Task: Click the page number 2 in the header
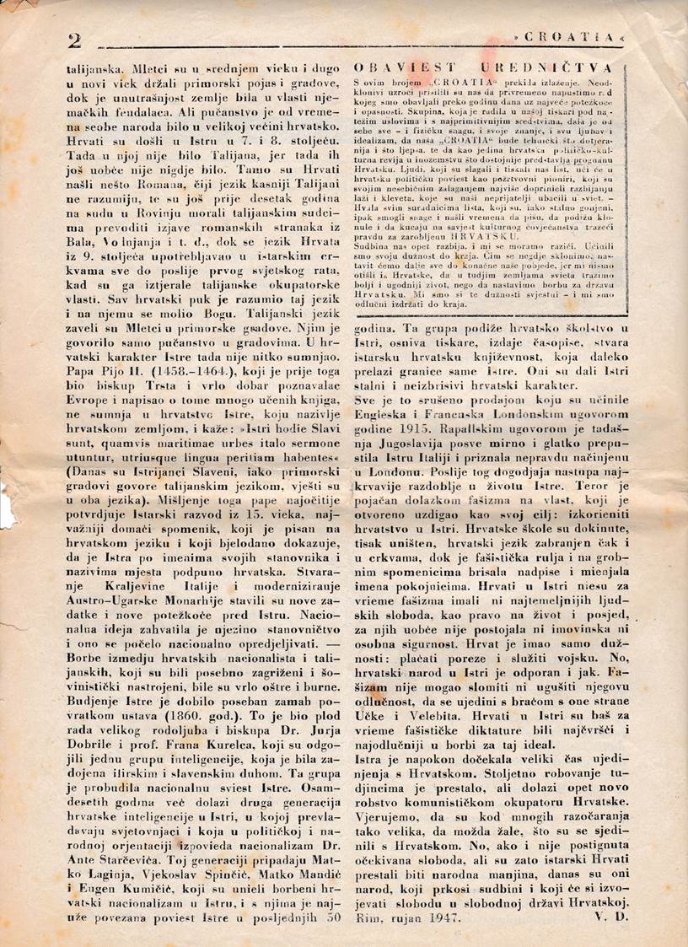click(x=73, y=40)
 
